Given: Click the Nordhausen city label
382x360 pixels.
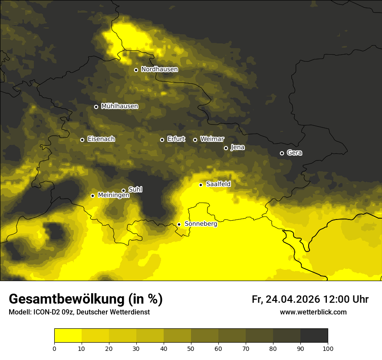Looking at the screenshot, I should click(159, 69).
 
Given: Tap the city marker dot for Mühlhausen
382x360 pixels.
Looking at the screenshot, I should click(96, 107).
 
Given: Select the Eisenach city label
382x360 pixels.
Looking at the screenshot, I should click(101, 139).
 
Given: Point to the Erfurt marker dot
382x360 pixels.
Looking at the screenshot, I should click(162, 140).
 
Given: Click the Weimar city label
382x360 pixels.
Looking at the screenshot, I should click(212, 139).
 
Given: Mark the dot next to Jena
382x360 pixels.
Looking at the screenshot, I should click(226, 148).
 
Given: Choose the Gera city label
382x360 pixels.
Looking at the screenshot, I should click(294, 153).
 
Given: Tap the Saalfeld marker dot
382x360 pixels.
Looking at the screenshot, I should click(201, 185).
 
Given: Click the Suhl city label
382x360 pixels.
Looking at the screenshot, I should click(135, 190).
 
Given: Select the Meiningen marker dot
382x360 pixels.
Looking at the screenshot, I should click(92, 196).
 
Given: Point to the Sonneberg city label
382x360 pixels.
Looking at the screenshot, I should click(201, 224).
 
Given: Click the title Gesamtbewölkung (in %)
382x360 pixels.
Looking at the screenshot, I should click(86, 299).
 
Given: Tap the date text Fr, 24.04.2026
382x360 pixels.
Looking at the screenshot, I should click(286, 299).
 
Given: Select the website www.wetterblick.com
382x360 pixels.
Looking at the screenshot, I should click(313, 312).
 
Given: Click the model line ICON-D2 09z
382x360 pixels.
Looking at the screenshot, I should click(79, 312).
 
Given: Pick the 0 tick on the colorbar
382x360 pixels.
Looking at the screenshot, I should click(54, 348).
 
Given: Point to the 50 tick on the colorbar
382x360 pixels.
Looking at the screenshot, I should click(191, 348).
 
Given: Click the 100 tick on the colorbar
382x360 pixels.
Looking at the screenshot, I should click(328, 348).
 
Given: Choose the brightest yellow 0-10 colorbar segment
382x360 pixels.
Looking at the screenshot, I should click(68, 336).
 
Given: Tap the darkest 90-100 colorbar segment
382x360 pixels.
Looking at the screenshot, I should click(314, 336).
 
